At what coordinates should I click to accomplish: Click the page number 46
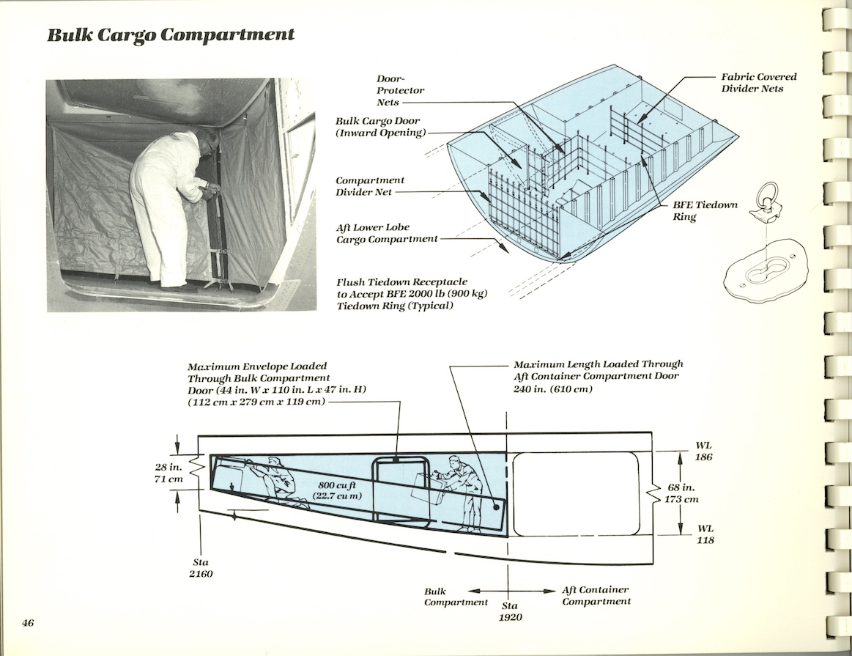click(28, 623)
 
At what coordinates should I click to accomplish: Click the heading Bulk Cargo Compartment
click(171, 34)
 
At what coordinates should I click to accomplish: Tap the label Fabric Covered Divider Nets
click(758, 82)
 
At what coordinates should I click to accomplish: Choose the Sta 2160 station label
click(201, 568)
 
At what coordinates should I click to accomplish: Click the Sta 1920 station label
click(510, 611)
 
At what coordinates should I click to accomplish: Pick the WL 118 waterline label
click(705, 534)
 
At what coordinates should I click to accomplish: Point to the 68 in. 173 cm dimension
click(681, 493)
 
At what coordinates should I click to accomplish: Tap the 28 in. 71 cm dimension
click(168, 473)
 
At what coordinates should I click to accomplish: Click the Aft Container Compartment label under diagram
click(596, 596)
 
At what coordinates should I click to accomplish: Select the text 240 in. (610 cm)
click(552, 389)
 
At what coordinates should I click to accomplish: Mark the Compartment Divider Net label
click(369, 186)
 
